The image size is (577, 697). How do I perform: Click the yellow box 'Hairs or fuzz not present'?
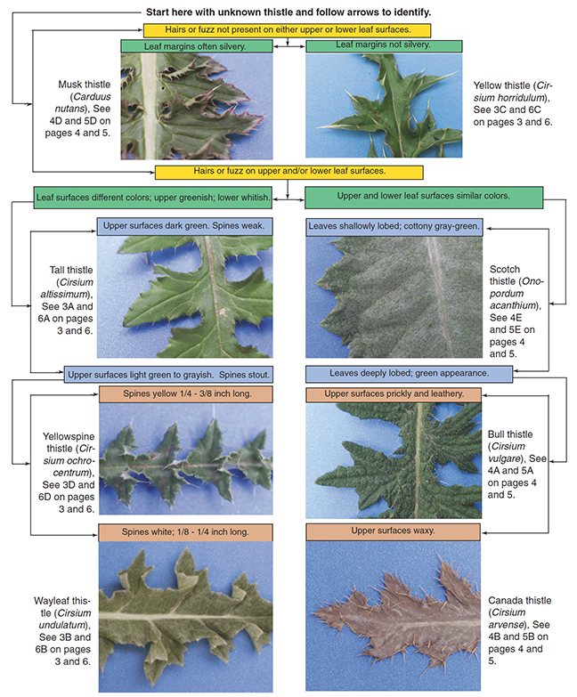point(288,30)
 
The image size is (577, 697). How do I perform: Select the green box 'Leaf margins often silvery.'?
point(197,46)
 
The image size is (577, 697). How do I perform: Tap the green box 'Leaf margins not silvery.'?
point(384,45)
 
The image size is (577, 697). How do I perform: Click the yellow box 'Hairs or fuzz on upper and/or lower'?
point(288,172)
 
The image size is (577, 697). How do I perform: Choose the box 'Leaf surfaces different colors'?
point(153,198)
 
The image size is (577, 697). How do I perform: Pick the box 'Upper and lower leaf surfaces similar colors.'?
point(424,198)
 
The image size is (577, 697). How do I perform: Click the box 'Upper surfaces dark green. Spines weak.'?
point(184,226)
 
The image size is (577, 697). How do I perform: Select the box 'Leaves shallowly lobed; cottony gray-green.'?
point(394,227)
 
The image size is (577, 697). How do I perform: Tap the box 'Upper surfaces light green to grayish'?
point(168,374)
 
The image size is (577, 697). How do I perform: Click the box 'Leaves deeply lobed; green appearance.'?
point(409,374)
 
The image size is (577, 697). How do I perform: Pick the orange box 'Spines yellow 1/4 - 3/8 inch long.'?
point(186,394)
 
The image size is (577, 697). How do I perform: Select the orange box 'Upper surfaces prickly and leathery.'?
point(394,394)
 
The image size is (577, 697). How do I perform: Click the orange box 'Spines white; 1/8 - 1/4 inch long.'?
point(185,532)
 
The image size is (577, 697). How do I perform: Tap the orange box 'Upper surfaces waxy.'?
point(393,531)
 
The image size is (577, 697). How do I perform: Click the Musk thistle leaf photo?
point(197,106)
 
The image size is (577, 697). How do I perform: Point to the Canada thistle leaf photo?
point(393,616)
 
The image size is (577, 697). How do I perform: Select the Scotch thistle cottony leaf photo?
point(394,296)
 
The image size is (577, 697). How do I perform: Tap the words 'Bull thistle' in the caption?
point(510,434)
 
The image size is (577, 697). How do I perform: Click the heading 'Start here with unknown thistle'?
point(288,12)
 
